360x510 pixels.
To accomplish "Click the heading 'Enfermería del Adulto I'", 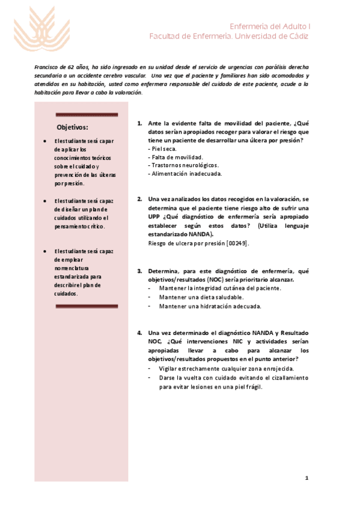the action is [270, 26].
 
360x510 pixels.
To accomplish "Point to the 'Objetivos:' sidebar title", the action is [72, 127].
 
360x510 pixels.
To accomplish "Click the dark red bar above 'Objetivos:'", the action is [87, 114].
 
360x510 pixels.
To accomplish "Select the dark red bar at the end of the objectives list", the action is [87, 306].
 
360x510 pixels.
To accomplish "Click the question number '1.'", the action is [139, 123].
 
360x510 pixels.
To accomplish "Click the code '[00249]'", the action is [237, 243].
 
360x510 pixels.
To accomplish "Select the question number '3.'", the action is [139, 271].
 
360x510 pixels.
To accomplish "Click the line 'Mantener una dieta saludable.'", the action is [201, 297].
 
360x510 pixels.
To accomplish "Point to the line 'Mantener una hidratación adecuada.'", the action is [210, 306].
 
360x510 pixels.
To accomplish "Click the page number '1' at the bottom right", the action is [307, 478].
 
